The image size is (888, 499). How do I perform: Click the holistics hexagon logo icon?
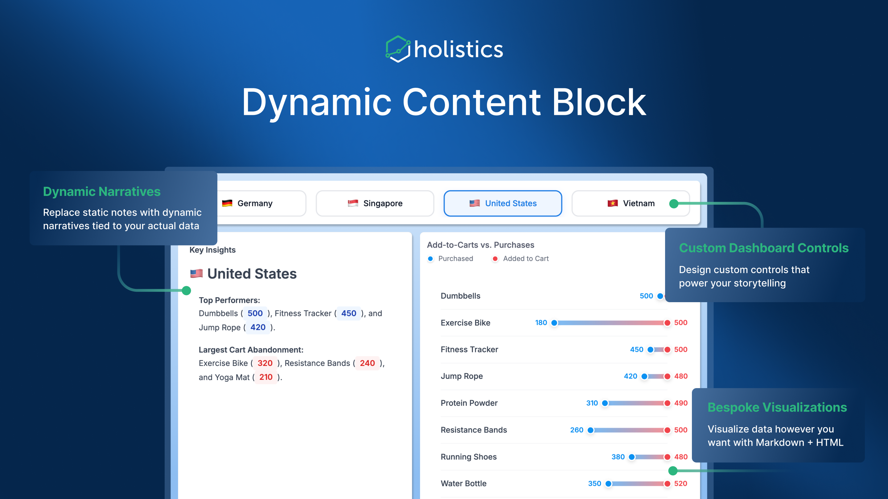coord(397,49)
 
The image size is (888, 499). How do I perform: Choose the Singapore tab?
coord(375,203)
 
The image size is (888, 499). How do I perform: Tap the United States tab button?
coord(503,203)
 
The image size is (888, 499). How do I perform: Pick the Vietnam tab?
coord(631,203)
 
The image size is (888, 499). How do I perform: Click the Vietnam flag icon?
coord(612,203)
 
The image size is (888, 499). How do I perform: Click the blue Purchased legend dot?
coord(430,259)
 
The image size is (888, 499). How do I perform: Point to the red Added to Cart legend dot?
coord(495,259)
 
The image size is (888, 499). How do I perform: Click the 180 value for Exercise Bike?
coord(541,323)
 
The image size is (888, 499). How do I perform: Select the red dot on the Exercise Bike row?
coord(667,323)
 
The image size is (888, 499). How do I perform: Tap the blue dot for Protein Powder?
coord(605,403)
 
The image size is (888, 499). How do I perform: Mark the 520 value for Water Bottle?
coord(680,484)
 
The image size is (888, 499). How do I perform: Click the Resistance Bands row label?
coord(474,430)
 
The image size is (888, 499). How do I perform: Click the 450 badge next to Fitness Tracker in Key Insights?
coord(348,313)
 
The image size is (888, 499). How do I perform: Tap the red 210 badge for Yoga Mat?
coord(266,377)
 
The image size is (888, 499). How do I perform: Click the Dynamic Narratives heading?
coord(102,192)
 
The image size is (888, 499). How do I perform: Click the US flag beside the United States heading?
coord(196,274)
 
